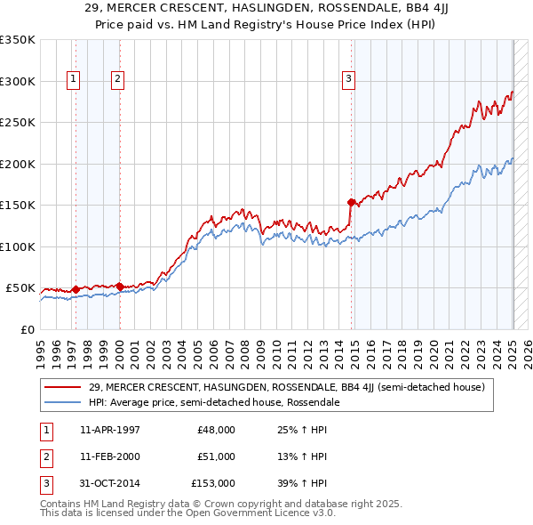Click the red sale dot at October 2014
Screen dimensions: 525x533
(352, 202)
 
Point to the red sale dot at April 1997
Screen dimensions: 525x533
(76, 289)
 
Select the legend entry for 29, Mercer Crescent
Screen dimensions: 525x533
(286, 387)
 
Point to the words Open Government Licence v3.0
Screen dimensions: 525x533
(270, 513)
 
